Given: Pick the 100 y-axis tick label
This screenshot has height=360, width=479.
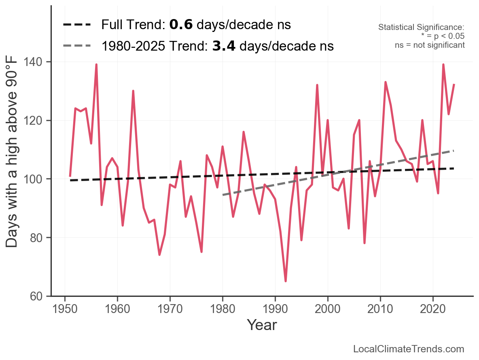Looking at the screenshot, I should tap(36, 179).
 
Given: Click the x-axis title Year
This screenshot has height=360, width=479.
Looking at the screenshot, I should tap(262, 325).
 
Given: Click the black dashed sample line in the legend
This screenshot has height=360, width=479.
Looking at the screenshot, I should tap(77, 25).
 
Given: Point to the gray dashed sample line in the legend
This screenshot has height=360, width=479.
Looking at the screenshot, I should tap(77, 46).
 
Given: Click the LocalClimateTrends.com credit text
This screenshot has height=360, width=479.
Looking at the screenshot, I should tap(409, 349).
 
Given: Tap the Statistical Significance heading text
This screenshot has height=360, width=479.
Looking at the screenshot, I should tap(421, 28).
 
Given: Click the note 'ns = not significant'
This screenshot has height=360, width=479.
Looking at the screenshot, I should tap(430, 45).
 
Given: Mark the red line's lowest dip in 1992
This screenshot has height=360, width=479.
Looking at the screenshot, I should tap(286, 281).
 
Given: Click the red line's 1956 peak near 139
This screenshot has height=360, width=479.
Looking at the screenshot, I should tap(96, 65).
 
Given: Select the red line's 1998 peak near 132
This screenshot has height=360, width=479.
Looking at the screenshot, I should tap(317, 85).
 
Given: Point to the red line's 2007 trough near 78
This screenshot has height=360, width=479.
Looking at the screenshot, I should tap(365, 243).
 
